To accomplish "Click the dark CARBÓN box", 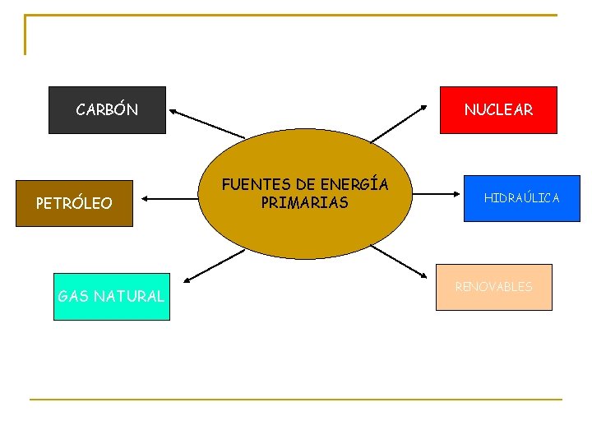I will pyautogui.click(x=107, y=109).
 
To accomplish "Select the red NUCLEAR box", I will pyautogui.click(x=498, y=109).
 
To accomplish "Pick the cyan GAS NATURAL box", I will pyautogui.click(x=111, y=296).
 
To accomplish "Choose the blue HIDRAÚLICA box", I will pyautogui.click(x=521, y=198).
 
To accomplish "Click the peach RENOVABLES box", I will pyautogui.click(x=493, y=287).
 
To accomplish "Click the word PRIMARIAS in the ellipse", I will pyautogui.click(x=304, y=202).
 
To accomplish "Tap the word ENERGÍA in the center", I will pyautogui.click(x=354, y=185).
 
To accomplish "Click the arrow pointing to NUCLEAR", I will pyautogui.click(x=399, y=123).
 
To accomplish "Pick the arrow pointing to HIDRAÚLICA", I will pyautogui.click(x=436, y=196).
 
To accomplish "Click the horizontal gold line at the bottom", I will pyautogui.click(x=296, y=400).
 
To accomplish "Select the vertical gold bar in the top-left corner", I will pyautogui.click(x=25, y=35).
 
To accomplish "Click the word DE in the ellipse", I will pyautogui.click(x=294, y=185).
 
